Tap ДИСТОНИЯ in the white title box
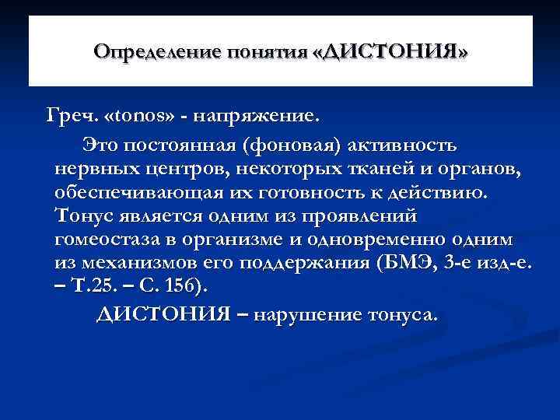point(404,52)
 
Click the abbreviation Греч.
point(72,117)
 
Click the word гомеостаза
point(110,240)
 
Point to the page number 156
point(184,286)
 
